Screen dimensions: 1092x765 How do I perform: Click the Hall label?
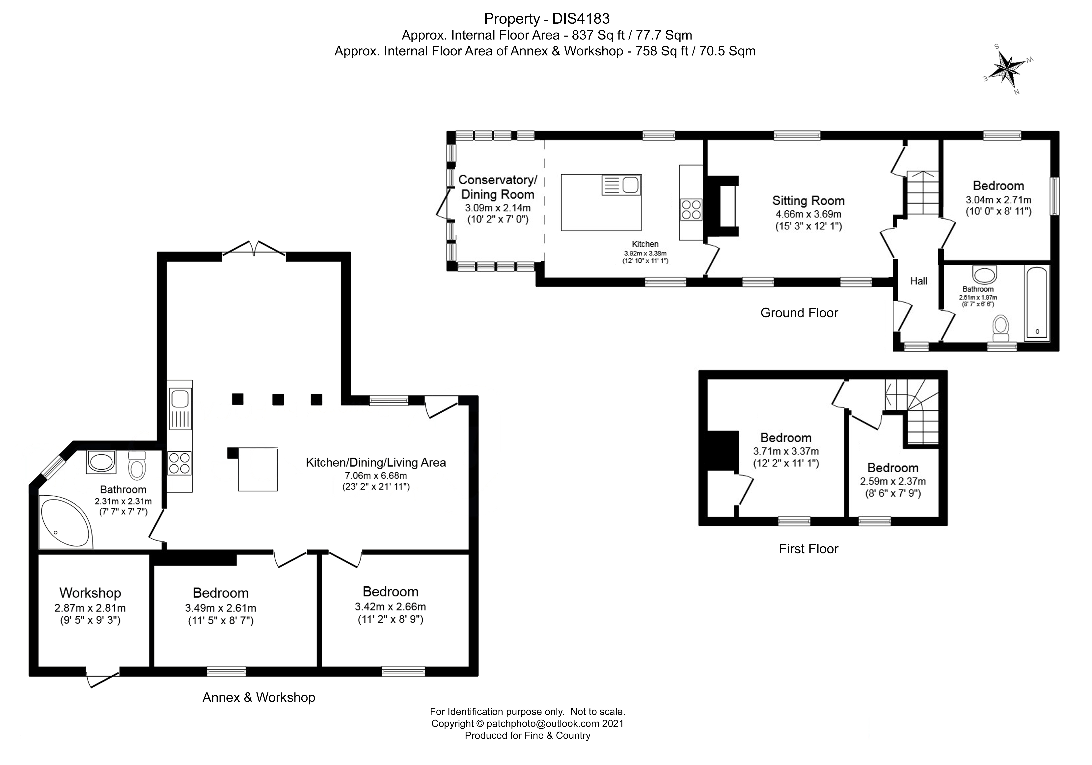[x=918, y=281]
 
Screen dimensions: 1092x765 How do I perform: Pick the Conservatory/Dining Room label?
[x=498, y=187]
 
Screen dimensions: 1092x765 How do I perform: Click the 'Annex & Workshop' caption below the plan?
[x=259, y=697]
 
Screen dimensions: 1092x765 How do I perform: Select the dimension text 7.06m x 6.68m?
[x=376, y=475]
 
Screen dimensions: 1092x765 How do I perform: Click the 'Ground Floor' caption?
[x=799, y=312]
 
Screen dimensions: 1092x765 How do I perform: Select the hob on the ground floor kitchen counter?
[x=691, y=209]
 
